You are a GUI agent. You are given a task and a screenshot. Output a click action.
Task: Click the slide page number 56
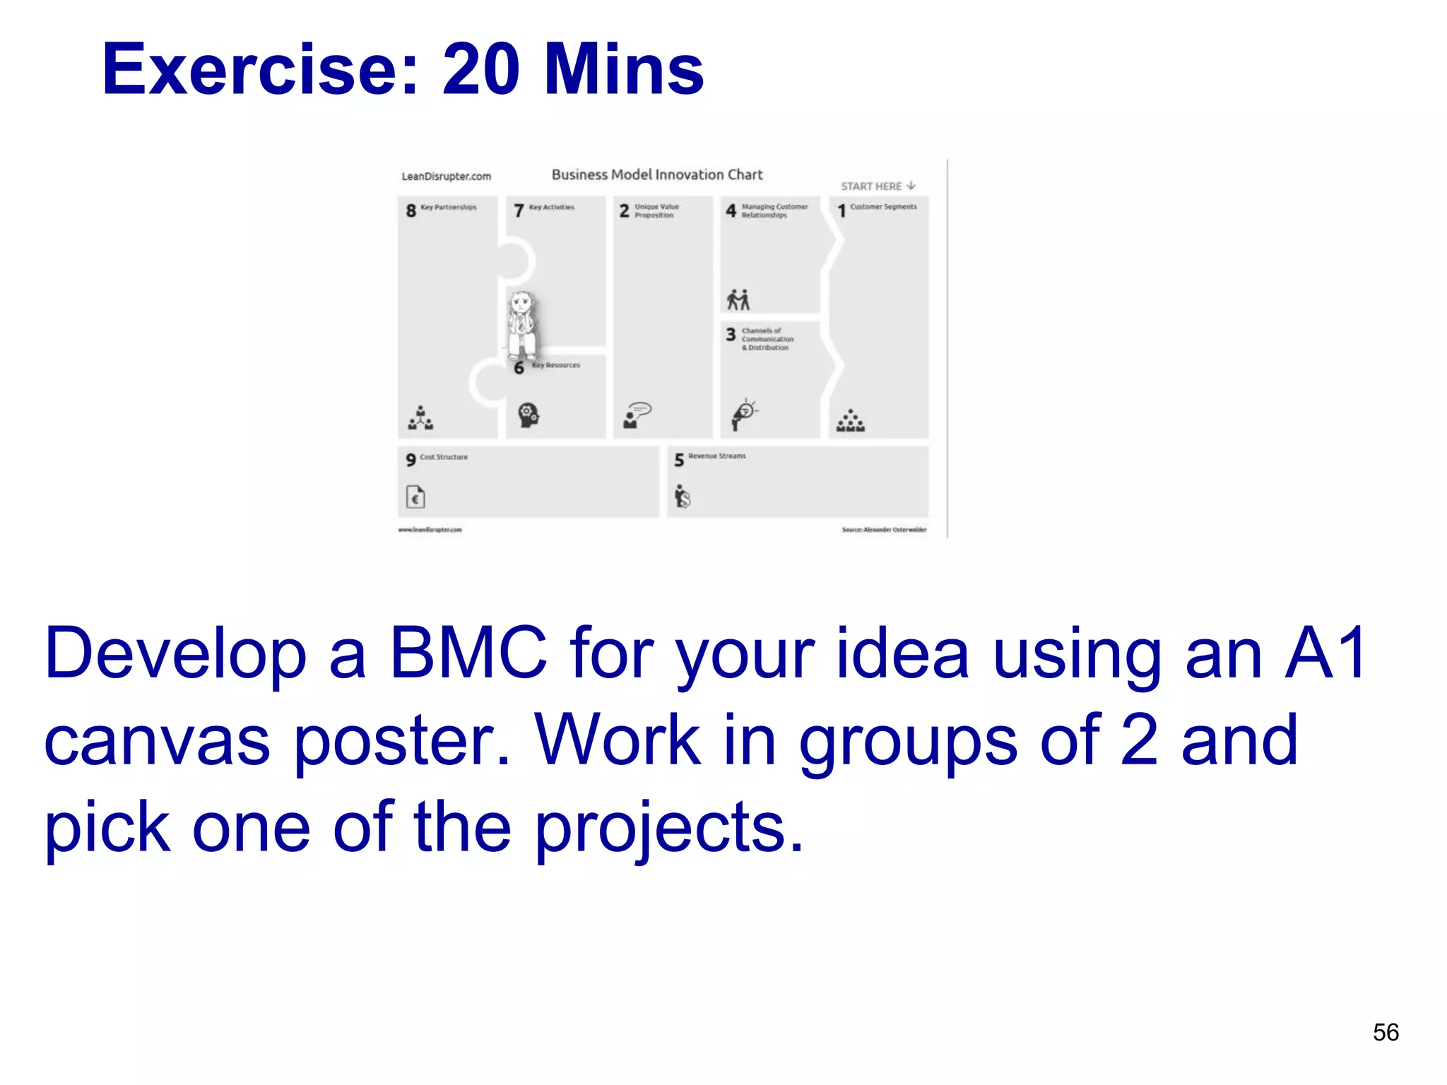(1386, 1032)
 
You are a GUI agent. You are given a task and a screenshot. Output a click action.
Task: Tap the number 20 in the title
(480, 69)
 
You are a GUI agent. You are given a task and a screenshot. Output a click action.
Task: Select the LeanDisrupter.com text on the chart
(446, 176)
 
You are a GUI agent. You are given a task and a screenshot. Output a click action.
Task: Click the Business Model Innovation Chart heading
(656, 174)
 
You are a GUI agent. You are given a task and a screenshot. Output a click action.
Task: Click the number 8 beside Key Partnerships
(411, 211)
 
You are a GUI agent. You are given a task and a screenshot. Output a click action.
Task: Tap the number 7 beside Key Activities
(519, 211)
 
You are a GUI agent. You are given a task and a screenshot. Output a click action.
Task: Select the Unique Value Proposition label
(656, 211)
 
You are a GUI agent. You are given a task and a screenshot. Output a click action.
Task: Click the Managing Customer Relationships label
(774, 211)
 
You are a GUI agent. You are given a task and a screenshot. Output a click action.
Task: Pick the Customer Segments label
(882, 207)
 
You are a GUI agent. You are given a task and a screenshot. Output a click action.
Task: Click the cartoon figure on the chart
(521, 326)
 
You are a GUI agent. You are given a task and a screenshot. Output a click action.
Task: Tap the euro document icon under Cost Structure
(415, 497)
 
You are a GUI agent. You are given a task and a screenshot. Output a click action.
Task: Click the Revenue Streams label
(716, 456)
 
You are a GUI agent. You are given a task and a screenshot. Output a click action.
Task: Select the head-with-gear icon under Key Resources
(528, 415)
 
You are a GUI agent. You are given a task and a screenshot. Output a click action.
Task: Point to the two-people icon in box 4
(738, 300)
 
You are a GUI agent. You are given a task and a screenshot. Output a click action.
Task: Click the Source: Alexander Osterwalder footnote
(883, 529)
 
